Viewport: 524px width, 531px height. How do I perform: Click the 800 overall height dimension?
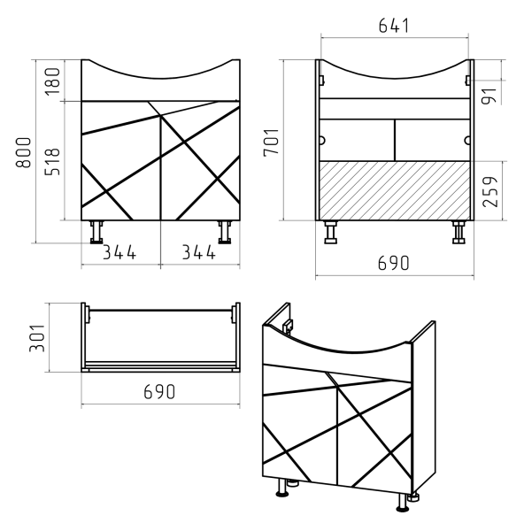(x=23, y=152)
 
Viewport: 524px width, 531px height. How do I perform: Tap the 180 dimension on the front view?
(x=52, y=81)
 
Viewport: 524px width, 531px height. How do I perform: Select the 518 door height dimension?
(x=52, y=162)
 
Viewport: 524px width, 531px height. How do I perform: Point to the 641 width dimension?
(x=393, y=26)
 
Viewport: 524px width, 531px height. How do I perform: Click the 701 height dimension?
(x=272, y=142)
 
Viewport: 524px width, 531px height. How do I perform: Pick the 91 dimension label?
(x=489, y=96)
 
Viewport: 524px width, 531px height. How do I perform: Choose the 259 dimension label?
(x=490, y=191)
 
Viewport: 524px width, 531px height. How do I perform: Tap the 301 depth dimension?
(x=37, y=338)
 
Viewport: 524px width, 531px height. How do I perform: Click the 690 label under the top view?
(x=159, y=391)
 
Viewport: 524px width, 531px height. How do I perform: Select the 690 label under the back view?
(x=393, y=263)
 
